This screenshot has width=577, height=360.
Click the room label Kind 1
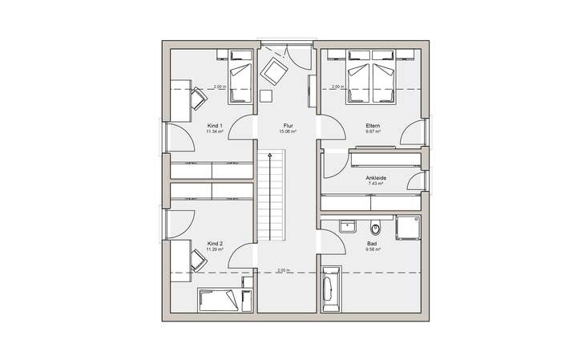click(x=214, y=127)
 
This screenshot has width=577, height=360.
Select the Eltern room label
click(x=373, y=127)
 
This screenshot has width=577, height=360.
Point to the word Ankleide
click(x=375, y=178)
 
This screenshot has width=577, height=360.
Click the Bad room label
click(x=372, y=243)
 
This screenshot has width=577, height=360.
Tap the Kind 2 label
click(x=214, y=243)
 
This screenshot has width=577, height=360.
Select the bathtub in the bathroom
click(x=329, y=289)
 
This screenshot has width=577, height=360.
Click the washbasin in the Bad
click(x=347, y=225)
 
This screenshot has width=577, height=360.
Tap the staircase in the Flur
click(x=272, y=196)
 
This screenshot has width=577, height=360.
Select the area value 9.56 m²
click(x=372, y=249)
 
